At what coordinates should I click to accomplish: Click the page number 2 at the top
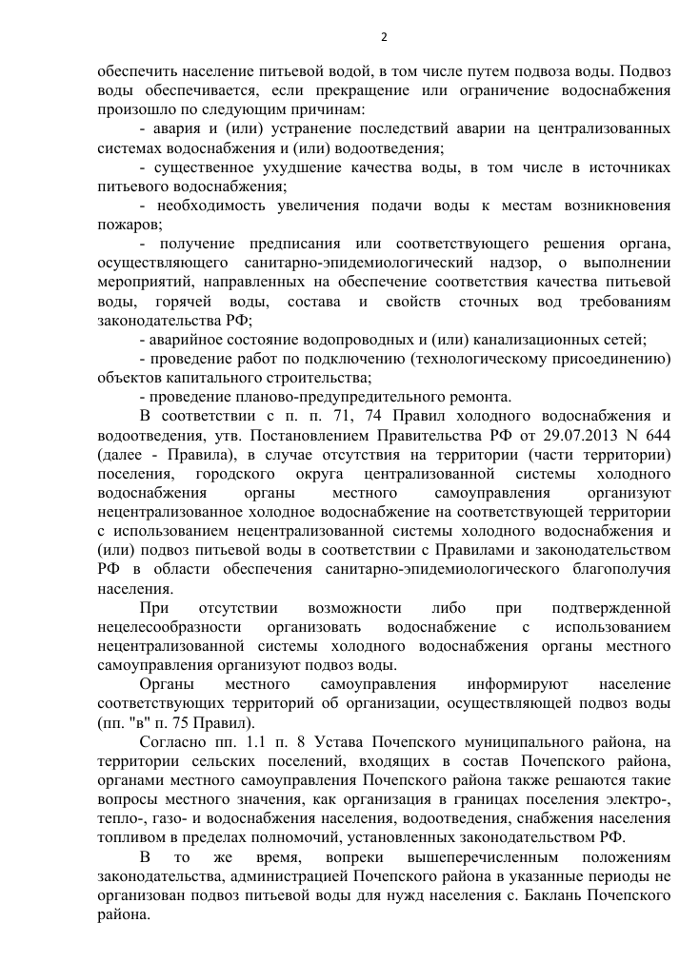click(x=384, y=38)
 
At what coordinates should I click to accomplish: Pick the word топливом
click(x=130, y=837)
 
